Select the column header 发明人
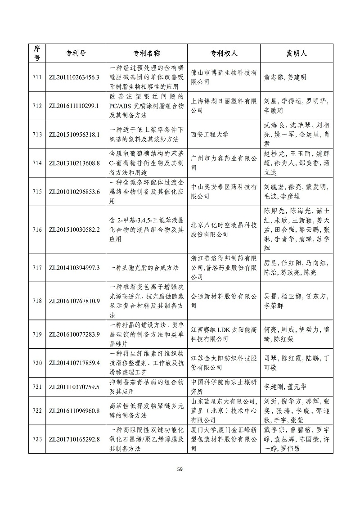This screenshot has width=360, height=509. point(297,53)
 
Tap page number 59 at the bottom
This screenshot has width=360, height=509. point(180,469)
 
